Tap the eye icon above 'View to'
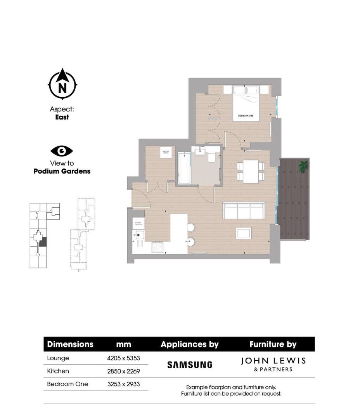pyautogui.click(x=61, y=151)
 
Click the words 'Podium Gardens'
pyautogui.click(x=62, y=171)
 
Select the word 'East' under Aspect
pyautogui.click(x=62, y=117)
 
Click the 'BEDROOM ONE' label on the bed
pyautogui.click(x=246, y=116)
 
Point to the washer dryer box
pyautogui.click(x=166, y=152)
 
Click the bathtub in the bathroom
pyautogui.click(x=184, y=169)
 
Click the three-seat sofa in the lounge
pyautogui.click(x=244, y=210)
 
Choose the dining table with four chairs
pyautogui.click(x=251, y=171)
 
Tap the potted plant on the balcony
pyautogui.click(x=303, y=166)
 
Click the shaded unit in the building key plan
pyautogui.click(x=43, y=242)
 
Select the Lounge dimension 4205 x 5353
pyautogui.click(x=123, y=358)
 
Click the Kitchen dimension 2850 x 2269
pyautogui.click(x=123, y=371)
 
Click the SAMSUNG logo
pyautogui.click(x=190, y=365)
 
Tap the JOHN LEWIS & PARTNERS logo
pyautogui.click(x=273, y=364)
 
